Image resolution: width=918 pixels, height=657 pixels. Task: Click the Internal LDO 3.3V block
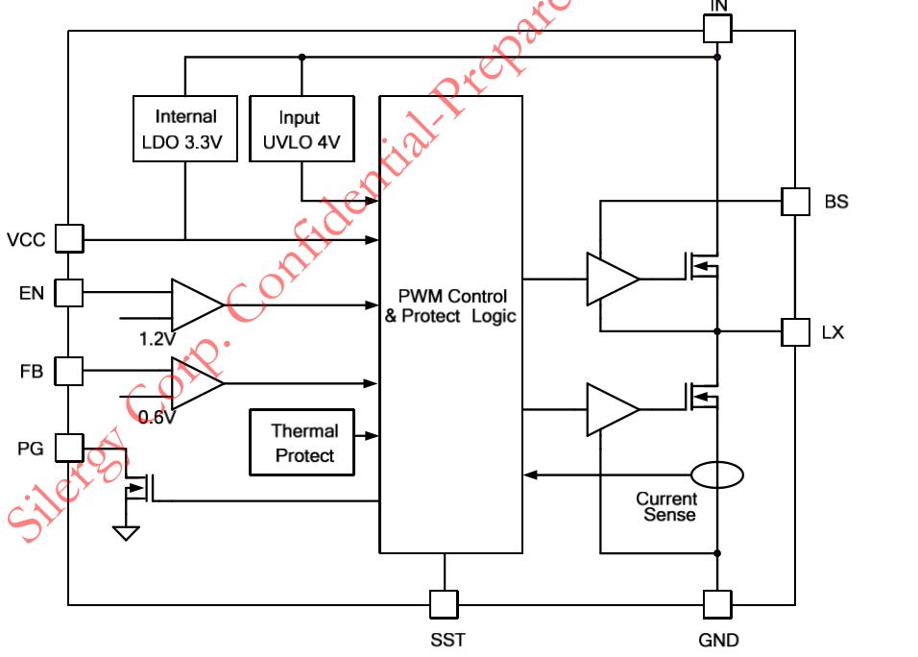tap(185, 129)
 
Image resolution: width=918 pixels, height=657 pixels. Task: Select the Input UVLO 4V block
tap(301, 129)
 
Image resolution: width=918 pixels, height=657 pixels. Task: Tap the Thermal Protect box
tap(301, 442)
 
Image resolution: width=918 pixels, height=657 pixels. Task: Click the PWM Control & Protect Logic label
tap(450, 306)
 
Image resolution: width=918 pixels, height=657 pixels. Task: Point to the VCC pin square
tap(69, 238)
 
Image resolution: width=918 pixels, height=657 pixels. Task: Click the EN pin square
tap(69, 293)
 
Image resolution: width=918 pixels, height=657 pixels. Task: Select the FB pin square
tap(69, 370)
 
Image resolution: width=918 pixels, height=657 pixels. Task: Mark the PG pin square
tap(69, 447)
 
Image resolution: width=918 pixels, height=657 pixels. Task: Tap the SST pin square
tap(444, 604)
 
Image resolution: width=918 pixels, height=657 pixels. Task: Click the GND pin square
tap(717, 604)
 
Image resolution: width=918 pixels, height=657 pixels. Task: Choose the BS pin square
tap(795, 201)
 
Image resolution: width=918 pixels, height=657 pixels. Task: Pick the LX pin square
tap(795, 332)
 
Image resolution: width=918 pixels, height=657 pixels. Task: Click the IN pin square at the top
tap(717, 28)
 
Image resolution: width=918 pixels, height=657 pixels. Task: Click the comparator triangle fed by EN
tap(195, 305)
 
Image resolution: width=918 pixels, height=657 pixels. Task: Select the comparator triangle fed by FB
tap(195, 382)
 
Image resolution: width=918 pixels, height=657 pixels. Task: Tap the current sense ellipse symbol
tap(717, 474)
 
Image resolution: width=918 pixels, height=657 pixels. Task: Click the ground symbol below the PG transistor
tap(126, 531)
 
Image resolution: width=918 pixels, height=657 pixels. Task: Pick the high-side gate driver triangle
tap(612, 280)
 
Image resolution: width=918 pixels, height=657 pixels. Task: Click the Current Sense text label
tap(665, 506)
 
